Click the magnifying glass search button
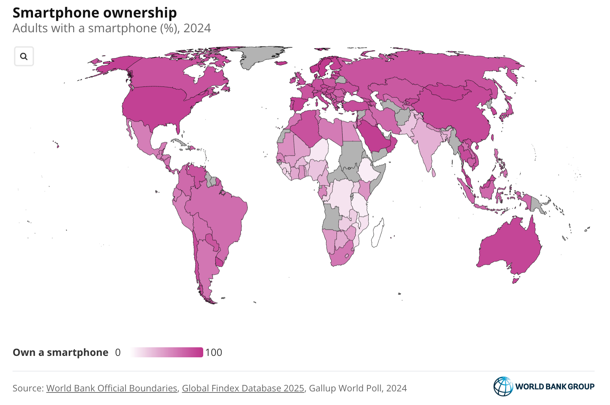(x=24, y=56)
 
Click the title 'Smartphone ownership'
(x=95, y=13)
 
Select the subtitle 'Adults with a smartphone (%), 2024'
(x=111, y=28)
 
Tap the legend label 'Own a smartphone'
(x=61, y=352)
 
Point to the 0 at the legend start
(x=118, y=352)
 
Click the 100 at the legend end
(x=214, y=352)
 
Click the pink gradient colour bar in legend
(x=167, y=352)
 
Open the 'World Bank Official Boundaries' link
(x=111, y=388)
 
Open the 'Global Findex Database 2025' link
(x=243, y=388)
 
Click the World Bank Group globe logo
(x=503, y=386)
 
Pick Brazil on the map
(x=219, y=215)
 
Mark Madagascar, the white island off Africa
(x=377, y=233)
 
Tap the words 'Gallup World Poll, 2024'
(x=358, y=388)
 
